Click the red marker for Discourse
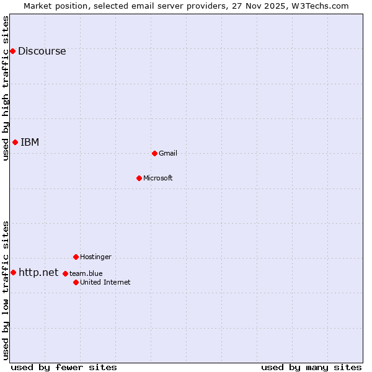coord(12,51)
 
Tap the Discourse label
coord(42,51)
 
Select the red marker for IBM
coord(15,142)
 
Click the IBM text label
coord(30,143)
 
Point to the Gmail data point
coord(154,153)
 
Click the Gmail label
coord(168,154)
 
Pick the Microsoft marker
coord(139,178)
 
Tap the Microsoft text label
coord(158,179)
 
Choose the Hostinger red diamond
coord(76,257)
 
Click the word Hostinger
coord(95,257)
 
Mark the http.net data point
coord(13,272)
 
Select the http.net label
coord(38,273)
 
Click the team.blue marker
coord(65,273)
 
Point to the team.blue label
coord(86,273)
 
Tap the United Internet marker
coord(76,282)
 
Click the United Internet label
coord(105,283)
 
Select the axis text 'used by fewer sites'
coord(64,368)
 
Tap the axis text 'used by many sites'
coord(311,368)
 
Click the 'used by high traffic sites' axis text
coord(6,88)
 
